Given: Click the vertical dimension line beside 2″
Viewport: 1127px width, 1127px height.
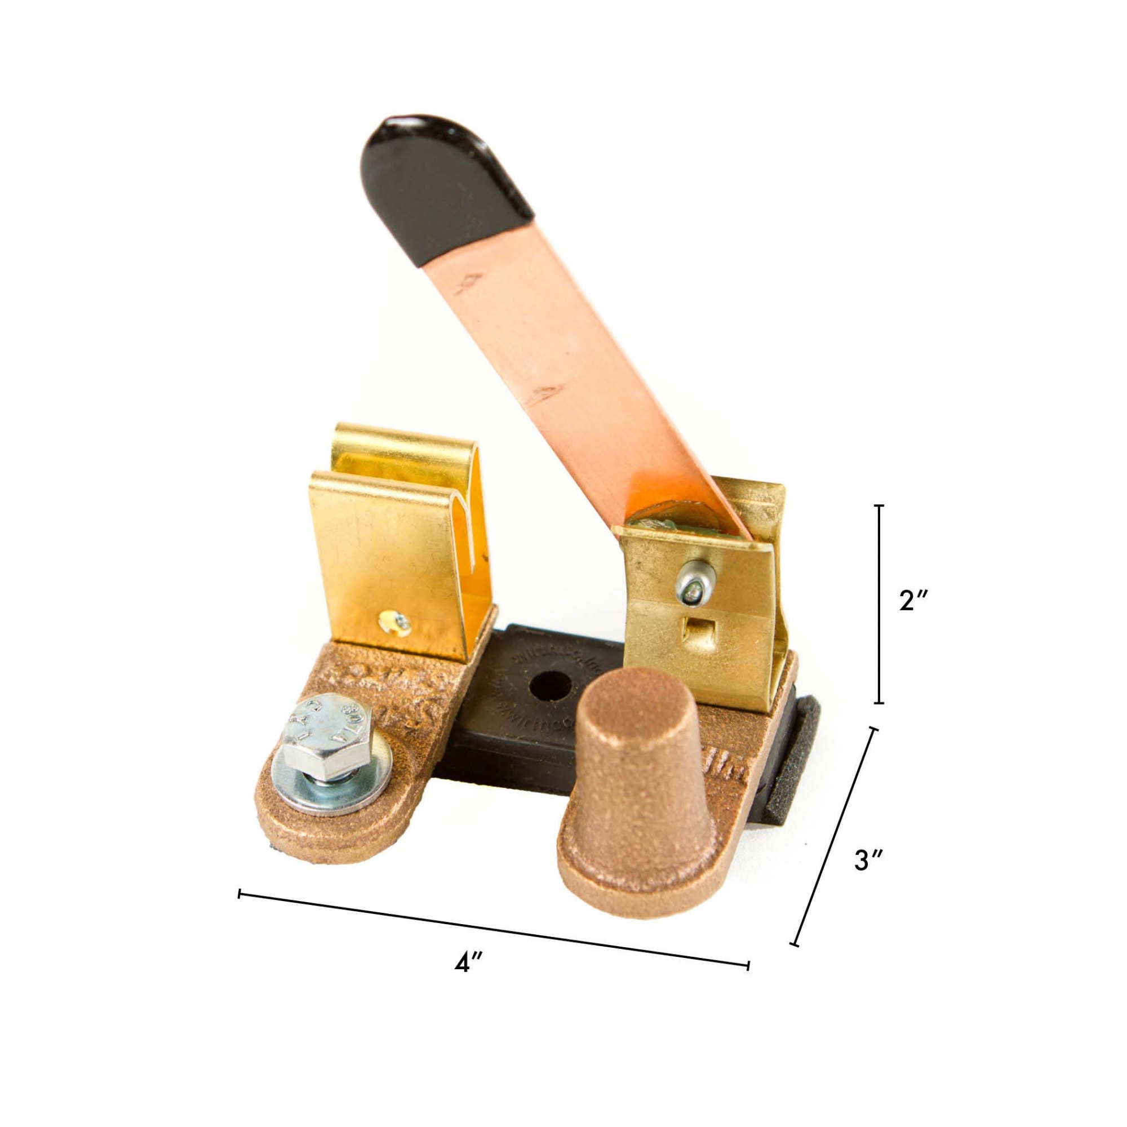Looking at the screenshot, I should click(880, 604).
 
